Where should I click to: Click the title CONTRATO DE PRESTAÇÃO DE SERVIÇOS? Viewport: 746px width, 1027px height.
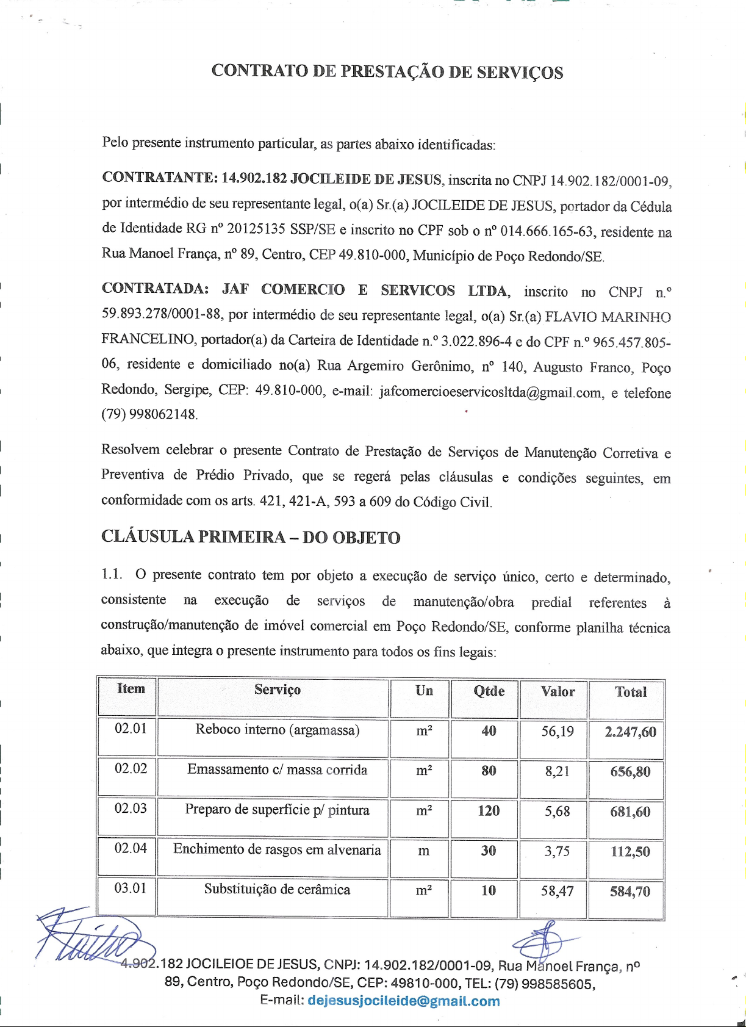pos(387,71)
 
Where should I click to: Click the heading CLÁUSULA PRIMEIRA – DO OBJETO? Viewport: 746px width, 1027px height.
pos(251,538)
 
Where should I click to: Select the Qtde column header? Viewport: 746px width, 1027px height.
pos(489,691)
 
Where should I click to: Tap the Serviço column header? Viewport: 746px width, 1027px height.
pos(277,690)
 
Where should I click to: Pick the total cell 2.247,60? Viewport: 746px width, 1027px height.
pos(630,732)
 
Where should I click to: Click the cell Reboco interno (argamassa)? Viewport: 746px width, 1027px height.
pos(277,730)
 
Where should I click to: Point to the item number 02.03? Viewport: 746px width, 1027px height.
pos(131,809)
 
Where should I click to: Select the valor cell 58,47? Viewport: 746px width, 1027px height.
pos(557,891)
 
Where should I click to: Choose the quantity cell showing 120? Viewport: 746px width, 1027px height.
pos(488,811)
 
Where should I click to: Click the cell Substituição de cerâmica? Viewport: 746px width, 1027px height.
pos(277,890)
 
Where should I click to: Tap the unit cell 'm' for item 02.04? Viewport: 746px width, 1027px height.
pos(423,851)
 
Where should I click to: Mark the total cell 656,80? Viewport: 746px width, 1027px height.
pos(630,772)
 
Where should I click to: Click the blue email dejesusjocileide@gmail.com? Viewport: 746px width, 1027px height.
pos(403,1001)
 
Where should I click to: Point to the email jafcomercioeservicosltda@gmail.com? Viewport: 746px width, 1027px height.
pos(490,392)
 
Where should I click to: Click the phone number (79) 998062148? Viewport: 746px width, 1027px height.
pos(149,414)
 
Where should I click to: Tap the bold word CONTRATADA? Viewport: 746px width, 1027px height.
pos(155,289)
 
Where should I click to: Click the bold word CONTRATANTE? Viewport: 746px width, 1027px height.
pos(159,178)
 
